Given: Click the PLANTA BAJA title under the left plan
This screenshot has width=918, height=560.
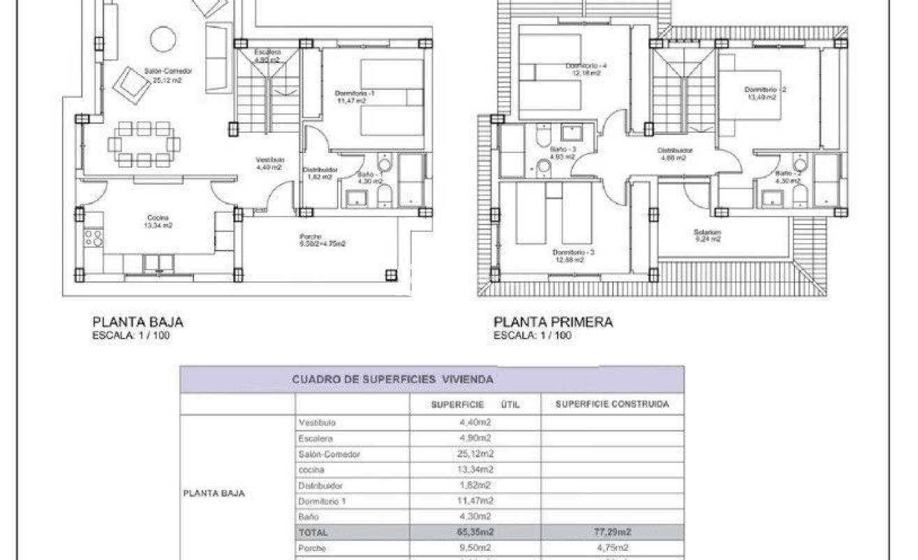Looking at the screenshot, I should tap(138, 323).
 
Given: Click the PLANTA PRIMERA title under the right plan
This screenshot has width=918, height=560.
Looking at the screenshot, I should tap(553, 323).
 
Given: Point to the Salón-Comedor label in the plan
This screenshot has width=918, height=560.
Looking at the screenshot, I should tap(168, 71).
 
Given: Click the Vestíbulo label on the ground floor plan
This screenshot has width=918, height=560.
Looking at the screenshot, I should tap(269, 160).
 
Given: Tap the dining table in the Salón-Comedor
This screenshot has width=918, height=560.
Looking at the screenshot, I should tap(144, 144).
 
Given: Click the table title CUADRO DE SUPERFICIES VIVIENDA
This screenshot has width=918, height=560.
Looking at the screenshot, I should tap(392, 379).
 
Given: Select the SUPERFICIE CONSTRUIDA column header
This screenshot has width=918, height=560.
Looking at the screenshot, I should tap(612, 404).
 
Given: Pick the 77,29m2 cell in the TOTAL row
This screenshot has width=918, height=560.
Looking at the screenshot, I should tap(612, 532).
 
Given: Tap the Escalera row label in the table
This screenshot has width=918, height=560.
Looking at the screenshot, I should tap(315, 439).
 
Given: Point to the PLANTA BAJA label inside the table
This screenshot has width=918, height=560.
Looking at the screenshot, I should tap(214, 493).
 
